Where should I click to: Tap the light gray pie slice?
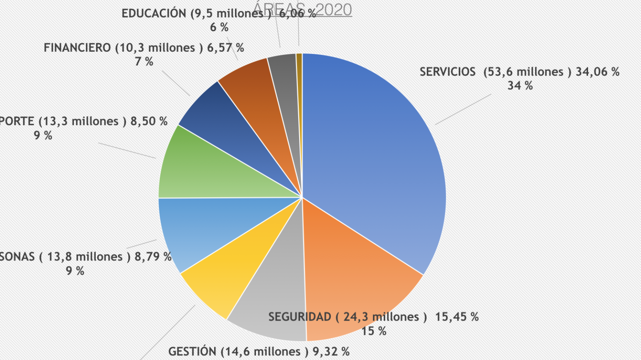[273, 299]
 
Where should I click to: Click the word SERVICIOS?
[447, 72]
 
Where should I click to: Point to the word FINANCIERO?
[77, 47]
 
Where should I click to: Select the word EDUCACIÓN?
[154, 13]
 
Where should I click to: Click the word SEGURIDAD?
[300, 317]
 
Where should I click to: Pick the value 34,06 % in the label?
[597, 72]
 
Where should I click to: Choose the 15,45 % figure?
[457, 317]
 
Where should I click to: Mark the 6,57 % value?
[226, 47]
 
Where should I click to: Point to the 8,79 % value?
[153, 257]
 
